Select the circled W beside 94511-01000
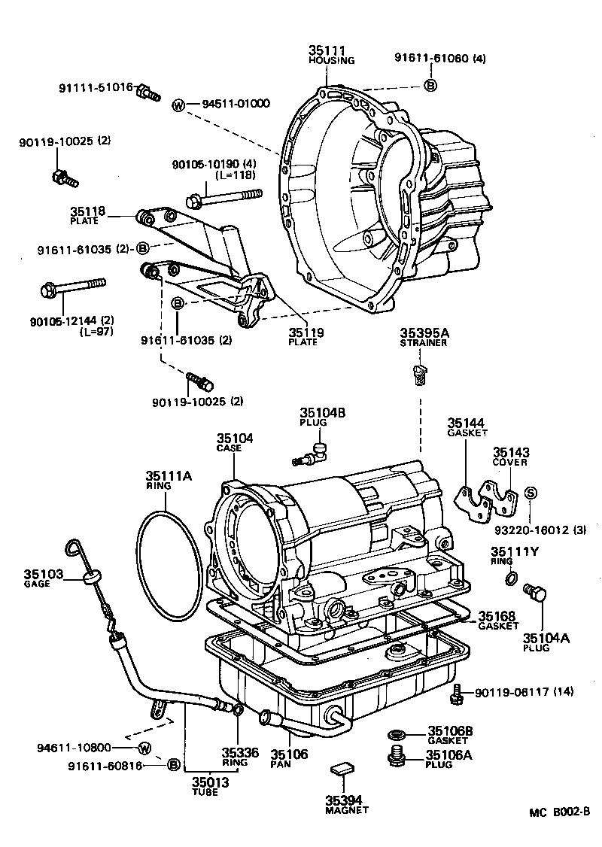(x=178, y=105)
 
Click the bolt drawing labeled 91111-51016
(x=147, y=93)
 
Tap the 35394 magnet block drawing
(x=342, y=769)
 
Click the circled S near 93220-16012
(x=530, y=492)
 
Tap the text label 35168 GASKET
(x=498, y=620)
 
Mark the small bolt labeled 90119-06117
(x=455, y=696)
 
